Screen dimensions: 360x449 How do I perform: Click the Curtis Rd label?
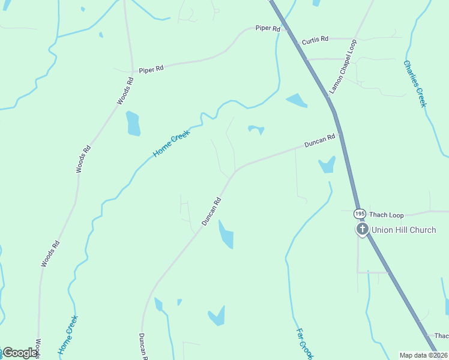click(x=315, y=40)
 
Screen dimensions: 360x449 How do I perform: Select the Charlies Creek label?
click(x=415, y=83)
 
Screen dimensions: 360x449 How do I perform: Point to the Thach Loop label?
click(x=387, y=215)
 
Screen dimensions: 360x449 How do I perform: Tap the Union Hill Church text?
click(x=403, y=230)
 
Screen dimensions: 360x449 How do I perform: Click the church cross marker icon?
click(x=362, y=229)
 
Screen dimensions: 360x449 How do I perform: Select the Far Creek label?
click(x=304, y=344)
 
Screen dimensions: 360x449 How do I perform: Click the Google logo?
click(x=20, y=353)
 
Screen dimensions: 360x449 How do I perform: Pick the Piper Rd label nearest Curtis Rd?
click(x=268, y=28)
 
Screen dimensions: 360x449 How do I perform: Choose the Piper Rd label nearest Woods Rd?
click(x=151, y=70)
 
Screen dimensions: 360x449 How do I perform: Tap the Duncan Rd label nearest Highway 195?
click(x=319, y=142)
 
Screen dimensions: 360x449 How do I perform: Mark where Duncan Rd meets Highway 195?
click(x=340, y=134)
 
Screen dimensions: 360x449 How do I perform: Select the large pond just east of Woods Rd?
click(x=133, y=124)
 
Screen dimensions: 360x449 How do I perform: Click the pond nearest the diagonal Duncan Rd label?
click(x=226, y=235)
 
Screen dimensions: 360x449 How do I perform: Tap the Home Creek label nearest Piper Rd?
click(x=171, y=144)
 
